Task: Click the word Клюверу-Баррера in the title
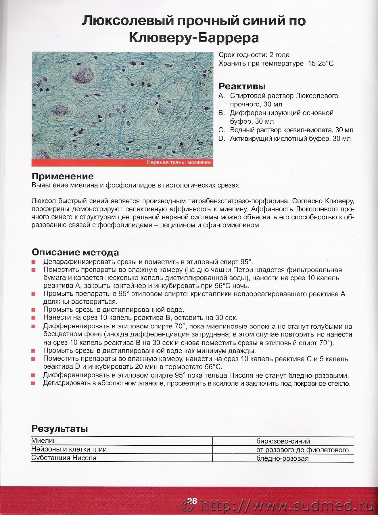pyautogui.click(x=194, y=37)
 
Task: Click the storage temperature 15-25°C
pyautogui.click(x=321, y=64)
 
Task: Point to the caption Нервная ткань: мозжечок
pyautogui.click(x=179, y=162)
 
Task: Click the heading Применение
pyautogui.click(x=62, y=176)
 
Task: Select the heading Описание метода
pyautogui.click(x=75, y=252)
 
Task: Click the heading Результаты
pyautogui.click(x=60, y=429)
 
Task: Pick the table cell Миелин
pyautogui.click(x=44, y=441)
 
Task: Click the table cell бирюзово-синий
pyautogui.click(x=283, y=441)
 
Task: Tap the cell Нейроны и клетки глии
pyautogui.click(x=69, y=449)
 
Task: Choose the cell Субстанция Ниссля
pyautogui.click(x=64, y=458)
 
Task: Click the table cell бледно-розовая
pyautogui.click(x=282, y=458)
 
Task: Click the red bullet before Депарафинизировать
pyautogui.click(x=34, y=262)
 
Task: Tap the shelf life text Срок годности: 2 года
pyautogui.click(x=254, y=55)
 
